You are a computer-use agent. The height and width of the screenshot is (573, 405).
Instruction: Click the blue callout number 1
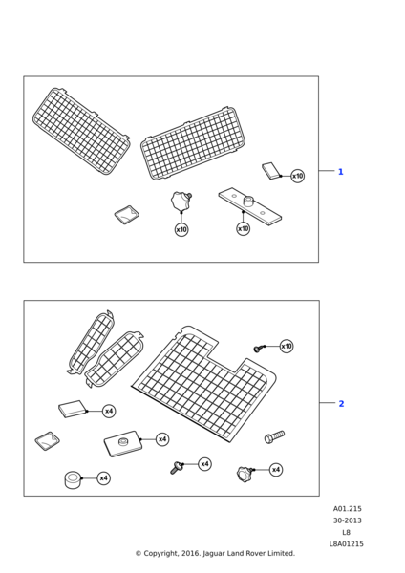pos(341,171)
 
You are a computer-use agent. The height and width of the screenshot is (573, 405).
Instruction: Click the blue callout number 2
pos(341,403)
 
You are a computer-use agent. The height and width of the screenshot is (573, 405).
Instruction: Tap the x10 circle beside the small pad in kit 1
pos(297,176)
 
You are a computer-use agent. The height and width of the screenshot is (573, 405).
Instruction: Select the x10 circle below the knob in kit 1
pos(181,229)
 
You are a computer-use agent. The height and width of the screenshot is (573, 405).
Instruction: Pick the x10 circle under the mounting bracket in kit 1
pos(243,229)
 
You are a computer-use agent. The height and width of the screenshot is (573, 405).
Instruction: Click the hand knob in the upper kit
pos(181,202)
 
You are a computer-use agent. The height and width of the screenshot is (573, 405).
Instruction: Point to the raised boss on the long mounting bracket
pos(249,201)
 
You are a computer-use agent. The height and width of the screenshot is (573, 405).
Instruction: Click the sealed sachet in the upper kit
pos(127,215)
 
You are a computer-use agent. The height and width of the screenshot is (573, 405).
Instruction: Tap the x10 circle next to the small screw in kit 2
pos(287,346)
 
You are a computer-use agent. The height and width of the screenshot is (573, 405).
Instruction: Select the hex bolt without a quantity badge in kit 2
pos(274,436)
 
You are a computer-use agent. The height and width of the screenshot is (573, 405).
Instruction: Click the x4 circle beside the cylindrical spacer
pos(104,478)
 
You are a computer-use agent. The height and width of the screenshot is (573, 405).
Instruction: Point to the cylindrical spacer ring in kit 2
pos(73,479)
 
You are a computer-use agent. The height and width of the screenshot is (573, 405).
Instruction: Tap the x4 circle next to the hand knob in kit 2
pos(276,469)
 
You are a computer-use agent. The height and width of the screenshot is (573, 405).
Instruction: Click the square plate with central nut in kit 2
pos(122,443)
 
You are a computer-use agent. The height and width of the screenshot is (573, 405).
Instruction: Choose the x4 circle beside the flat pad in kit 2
pos(109,411)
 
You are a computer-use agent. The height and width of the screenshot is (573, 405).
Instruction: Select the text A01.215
pos(348,509)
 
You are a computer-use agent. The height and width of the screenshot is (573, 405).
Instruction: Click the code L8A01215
pos(347,544)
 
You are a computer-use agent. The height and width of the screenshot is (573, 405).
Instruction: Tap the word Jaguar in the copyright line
pos(214,554)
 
